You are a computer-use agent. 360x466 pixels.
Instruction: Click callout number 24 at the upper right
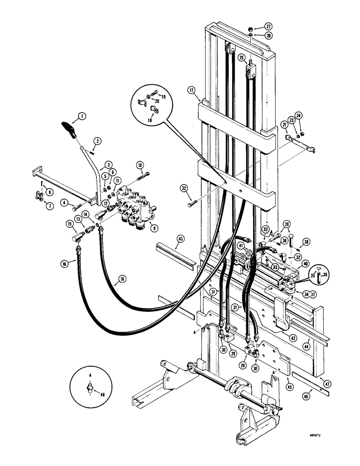click(299, 115)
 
